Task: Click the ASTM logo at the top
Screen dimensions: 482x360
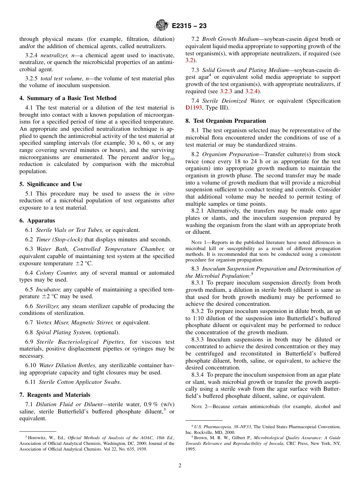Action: point(162,26)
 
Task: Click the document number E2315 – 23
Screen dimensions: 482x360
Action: point(189,26)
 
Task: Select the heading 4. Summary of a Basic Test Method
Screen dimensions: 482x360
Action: point(68,98)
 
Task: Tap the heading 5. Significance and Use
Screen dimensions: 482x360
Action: point(50,184)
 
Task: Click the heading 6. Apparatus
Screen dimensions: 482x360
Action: point(37,221)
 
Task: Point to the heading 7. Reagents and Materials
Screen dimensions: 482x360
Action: point(55,395)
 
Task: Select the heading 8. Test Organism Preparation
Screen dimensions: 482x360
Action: point(226,121)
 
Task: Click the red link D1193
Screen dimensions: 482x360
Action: point(193,108)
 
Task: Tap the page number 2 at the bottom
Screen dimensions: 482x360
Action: point(180,466)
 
